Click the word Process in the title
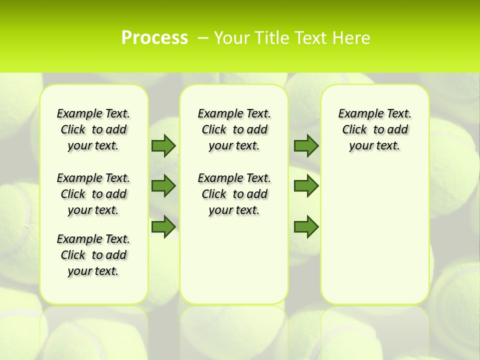[x=154, y=38]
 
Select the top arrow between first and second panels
[x=163, y=145]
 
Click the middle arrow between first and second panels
[x=163, y=186]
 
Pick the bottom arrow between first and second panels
[x=163, y=226]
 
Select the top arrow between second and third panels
[x=306, y=145]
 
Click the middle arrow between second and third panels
[x=306, y=186]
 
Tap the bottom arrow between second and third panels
[x=306, y=226]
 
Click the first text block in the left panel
[x=93, y=129]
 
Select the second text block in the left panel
[x=93, y=194]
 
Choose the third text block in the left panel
[x=93, y=255]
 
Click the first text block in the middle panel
[x=234, y=129]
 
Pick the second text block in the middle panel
[x=234, y=194]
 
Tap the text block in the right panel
[x=374, y=129]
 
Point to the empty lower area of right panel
[x=374, y=235]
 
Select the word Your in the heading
[x=229, y=38]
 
